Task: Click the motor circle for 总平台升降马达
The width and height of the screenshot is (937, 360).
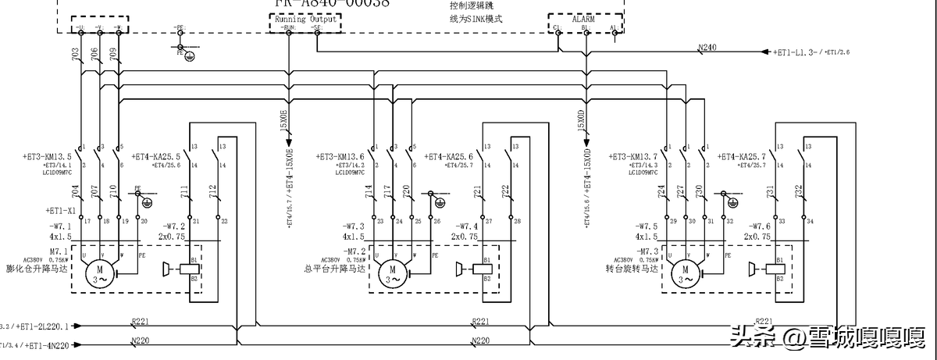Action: [x=390, y=273]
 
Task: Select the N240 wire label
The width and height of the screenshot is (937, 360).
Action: [x=707, y=48]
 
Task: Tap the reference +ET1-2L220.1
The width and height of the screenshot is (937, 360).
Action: [x=46, y=326]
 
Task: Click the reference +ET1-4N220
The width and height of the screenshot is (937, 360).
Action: [x=47, y=344]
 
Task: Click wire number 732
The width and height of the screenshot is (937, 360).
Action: [x=798, y=191]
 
